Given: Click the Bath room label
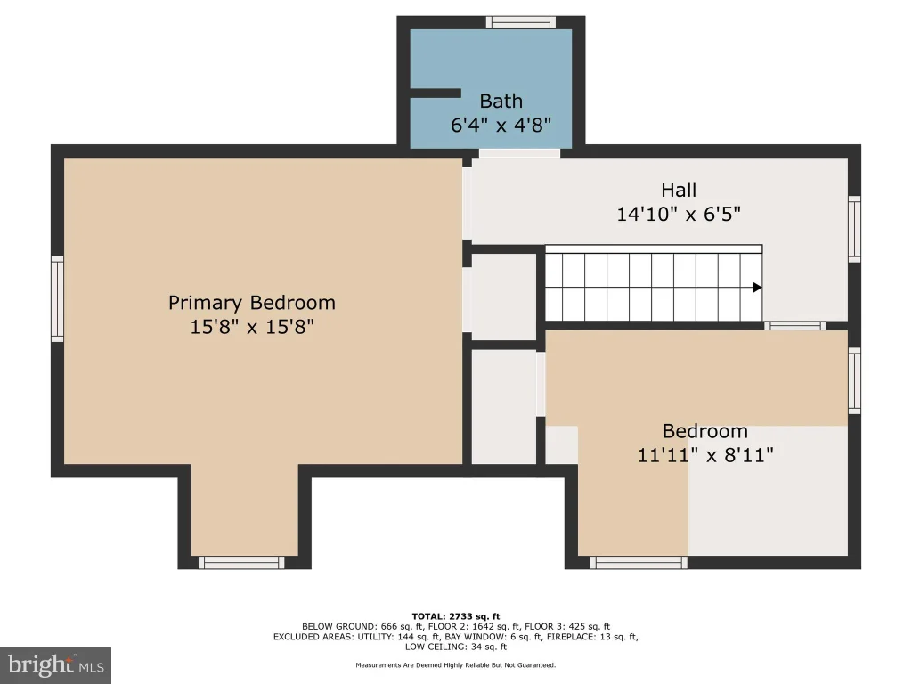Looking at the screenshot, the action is tap(501, 102).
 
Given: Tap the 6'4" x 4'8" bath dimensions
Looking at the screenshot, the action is tap(501, 125).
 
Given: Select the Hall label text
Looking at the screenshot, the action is tap(678, 191).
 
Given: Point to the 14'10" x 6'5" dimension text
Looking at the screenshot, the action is tap(678, 214).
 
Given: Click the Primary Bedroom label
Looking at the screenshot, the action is tap(252, 303).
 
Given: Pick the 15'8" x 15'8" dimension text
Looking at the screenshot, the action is tap(252, 327).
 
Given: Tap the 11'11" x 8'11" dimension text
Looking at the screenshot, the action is tap(705, 455).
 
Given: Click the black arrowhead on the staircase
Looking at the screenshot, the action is tap(757, 288).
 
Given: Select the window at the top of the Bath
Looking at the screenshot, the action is tap(520, 22).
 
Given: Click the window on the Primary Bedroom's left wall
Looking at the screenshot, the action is tap(57, 299).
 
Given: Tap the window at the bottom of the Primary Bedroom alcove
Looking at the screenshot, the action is tap(241, 563).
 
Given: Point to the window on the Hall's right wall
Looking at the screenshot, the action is tap(854, 229).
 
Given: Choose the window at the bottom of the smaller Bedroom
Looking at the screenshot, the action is tap(639, 563).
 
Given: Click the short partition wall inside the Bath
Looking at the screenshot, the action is tap(436, 93).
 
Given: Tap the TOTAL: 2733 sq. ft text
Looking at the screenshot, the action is tap(456, 616).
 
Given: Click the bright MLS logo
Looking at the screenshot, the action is tap(55, 665).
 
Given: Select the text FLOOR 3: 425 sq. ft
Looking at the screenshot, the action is tap(567, 627).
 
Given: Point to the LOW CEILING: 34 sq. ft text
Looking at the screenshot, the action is tap(456, 647).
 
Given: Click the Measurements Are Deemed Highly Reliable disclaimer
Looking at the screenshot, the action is tap(456, 664).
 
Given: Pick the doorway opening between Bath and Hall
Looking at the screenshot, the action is tap(519, 153).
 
